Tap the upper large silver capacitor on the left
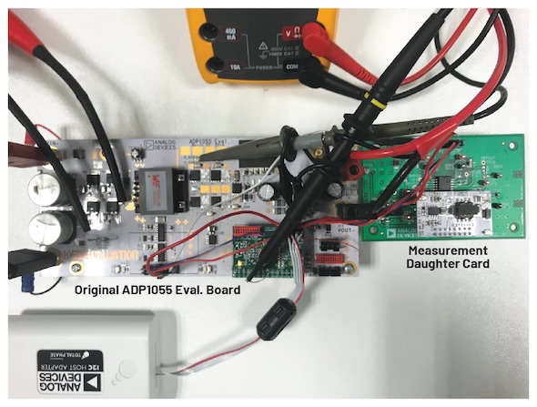click(x=44, y=187)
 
